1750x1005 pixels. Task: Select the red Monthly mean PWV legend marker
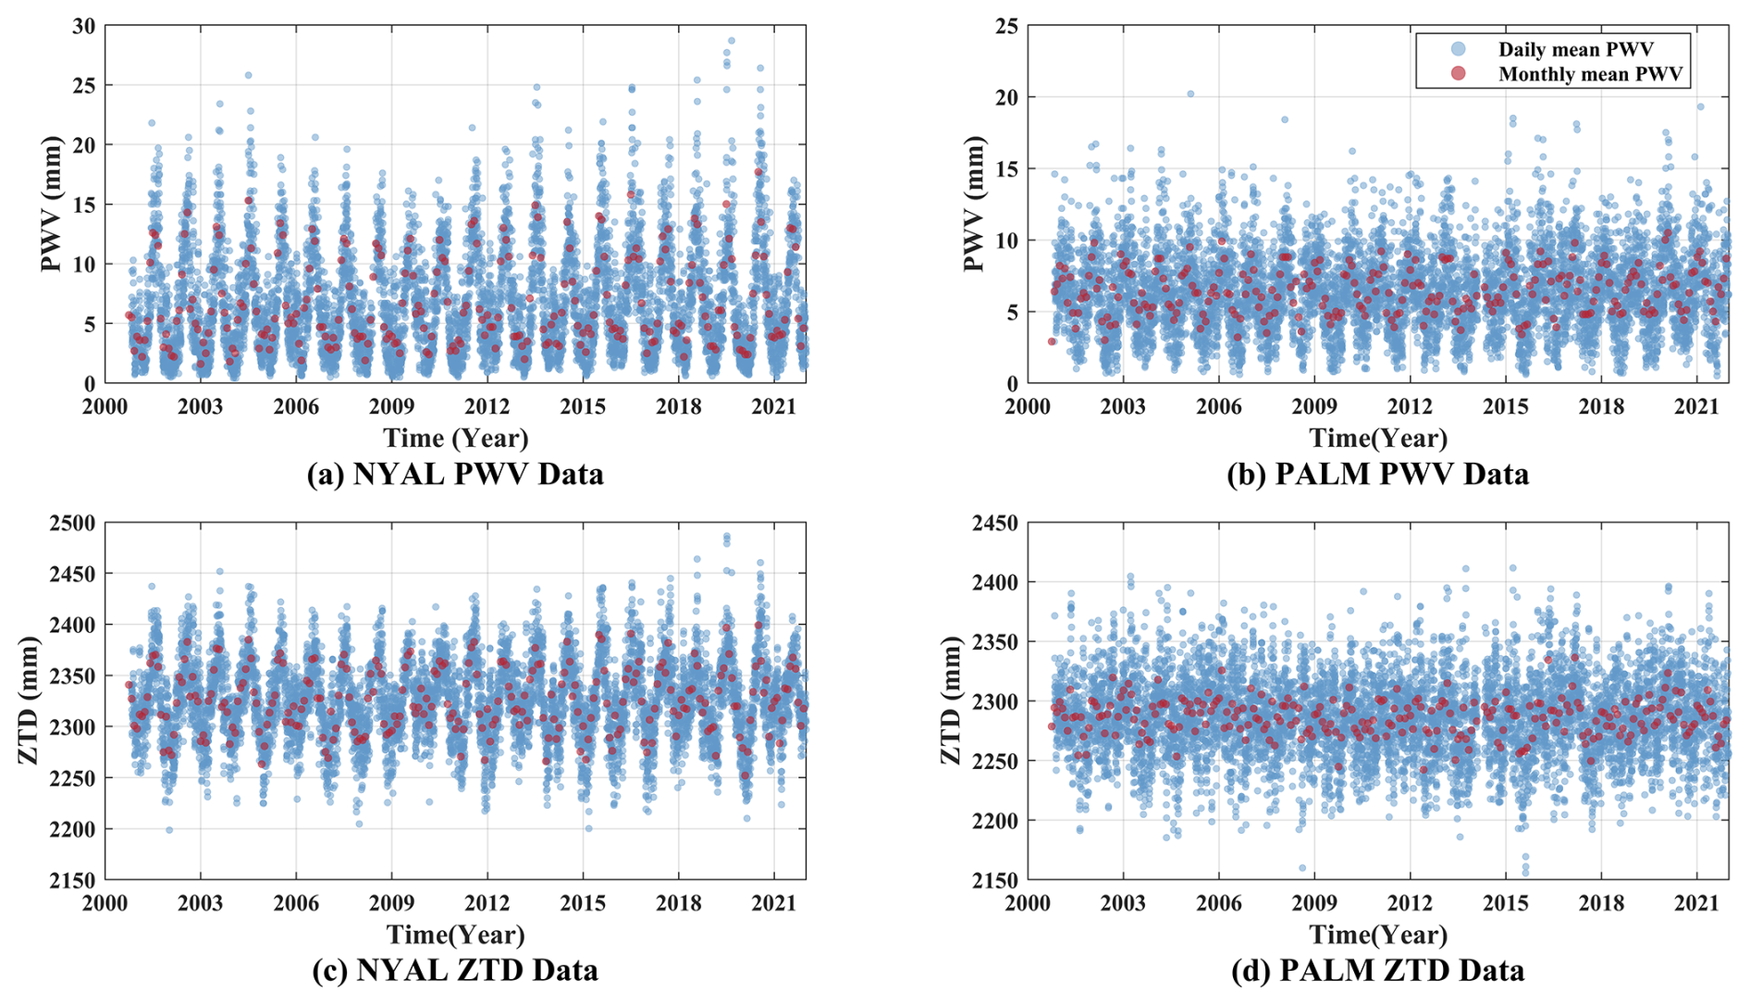(x=1459, y=73)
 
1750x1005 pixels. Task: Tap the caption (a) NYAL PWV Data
(x=455, y=474)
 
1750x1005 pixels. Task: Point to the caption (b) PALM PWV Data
(x=1377, y=474)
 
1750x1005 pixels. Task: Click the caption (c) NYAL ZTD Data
(x=455, y=970)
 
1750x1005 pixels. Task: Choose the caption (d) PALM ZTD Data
(x=1377, y=970)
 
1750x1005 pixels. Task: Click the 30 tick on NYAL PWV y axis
(x=84, y=26)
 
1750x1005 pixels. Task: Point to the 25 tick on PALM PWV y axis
(x=1007, y=26)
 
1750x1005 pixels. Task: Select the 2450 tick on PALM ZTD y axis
(x=994, y=523)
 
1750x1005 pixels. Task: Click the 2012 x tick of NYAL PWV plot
(x=487, y=406)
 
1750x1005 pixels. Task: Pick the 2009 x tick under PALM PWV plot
(x=1314, y=406)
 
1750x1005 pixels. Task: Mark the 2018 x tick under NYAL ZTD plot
(x=679, y=902)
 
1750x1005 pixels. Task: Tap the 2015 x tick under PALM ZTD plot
(x=1506, y=902)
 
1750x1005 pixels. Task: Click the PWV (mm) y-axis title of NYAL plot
(x=51, y=204)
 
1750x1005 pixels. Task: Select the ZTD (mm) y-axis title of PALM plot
(x=951, y=701)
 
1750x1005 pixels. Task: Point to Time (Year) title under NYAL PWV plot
(x=455, y=438)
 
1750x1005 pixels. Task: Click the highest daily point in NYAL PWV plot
(x=731, y=41)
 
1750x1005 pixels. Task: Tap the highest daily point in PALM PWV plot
(x=1190, y=93)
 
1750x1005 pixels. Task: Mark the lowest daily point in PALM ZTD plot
(x=1525, y=873)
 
